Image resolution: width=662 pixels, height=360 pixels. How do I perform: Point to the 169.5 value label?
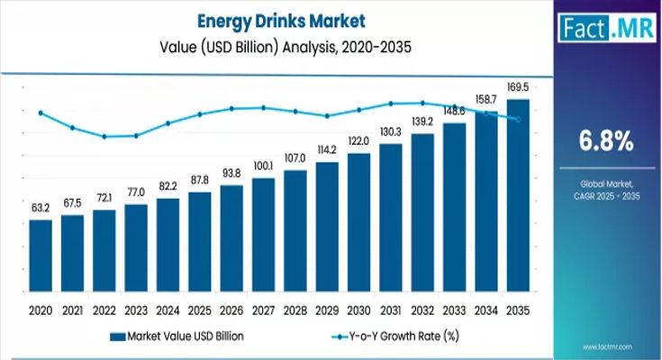[518, 87]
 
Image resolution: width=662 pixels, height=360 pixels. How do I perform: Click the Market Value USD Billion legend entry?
[181, 335]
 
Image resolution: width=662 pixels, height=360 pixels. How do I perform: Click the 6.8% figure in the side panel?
[604, 141]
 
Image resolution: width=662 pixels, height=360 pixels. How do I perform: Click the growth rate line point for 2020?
[41, 112]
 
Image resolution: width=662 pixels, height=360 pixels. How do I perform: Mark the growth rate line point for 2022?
[104, 137]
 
